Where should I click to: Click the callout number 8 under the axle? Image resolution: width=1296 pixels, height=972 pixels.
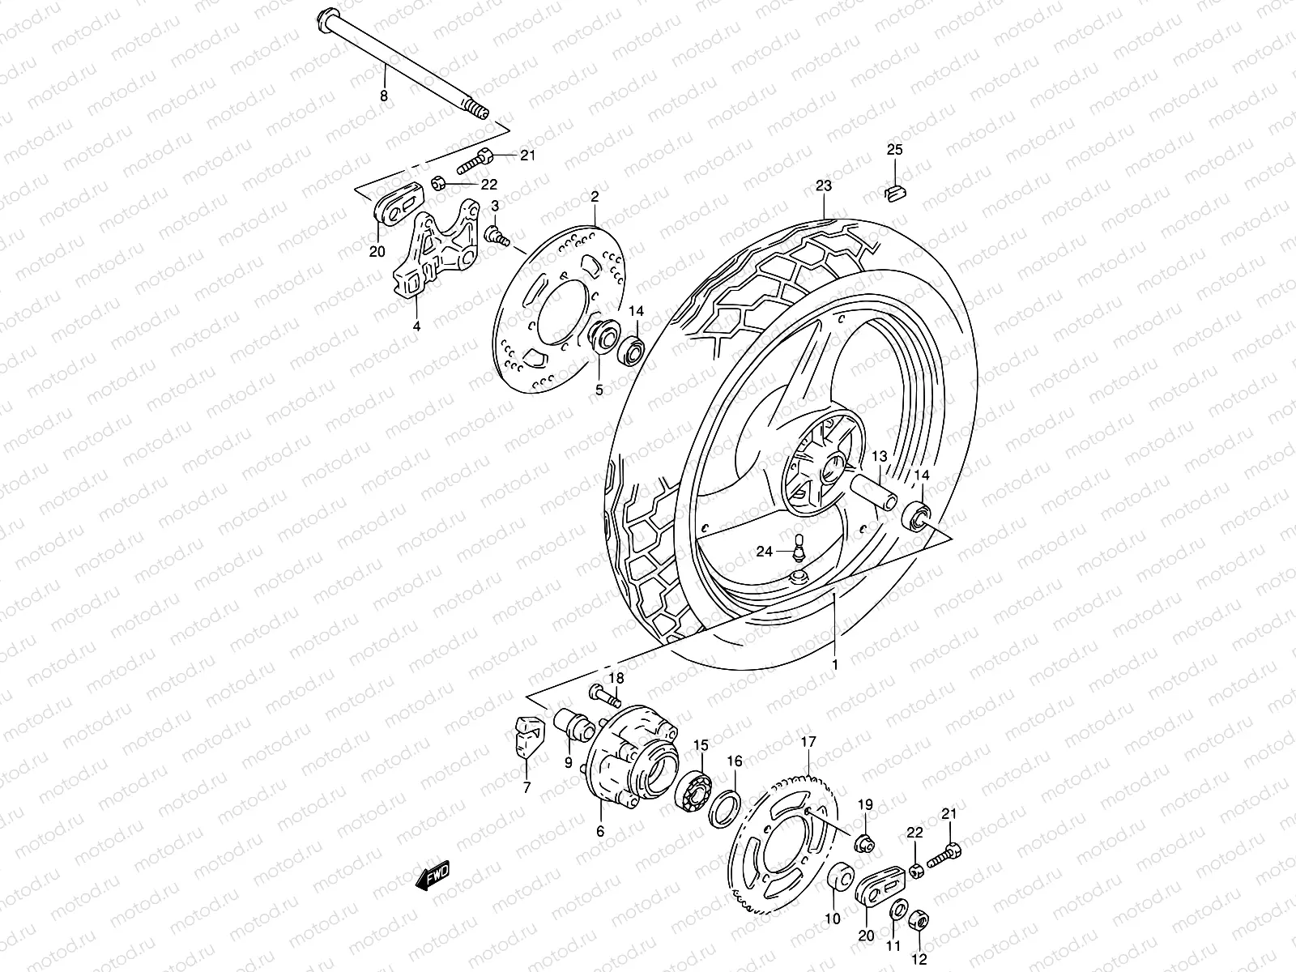pos(384,96)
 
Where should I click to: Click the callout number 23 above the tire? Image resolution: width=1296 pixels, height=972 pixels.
pos(824,185)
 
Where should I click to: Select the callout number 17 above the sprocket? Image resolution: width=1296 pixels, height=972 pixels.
pos(808,741)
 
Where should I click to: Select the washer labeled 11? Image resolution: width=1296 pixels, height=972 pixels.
pos(898,910)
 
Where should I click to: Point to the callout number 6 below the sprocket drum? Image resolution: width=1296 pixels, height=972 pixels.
pos(600,830)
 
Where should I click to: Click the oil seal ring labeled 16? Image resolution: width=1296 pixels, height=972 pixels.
pos(725,806)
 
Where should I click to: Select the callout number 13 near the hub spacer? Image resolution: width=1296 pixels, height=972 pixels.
pos(880,456)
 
